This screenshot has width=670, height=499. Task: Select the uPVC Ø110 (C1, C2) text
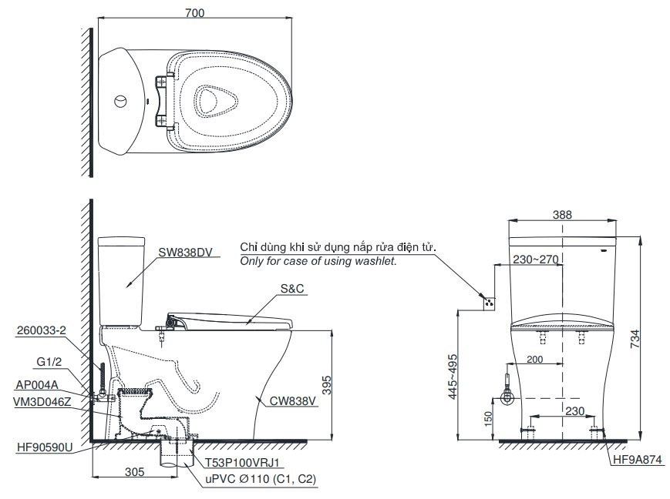coord(261,479)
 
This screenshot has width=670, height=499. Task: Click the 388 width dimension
coord(562,215)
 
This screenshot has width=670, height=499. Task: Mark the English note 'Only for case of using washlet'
coord(318,262)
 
